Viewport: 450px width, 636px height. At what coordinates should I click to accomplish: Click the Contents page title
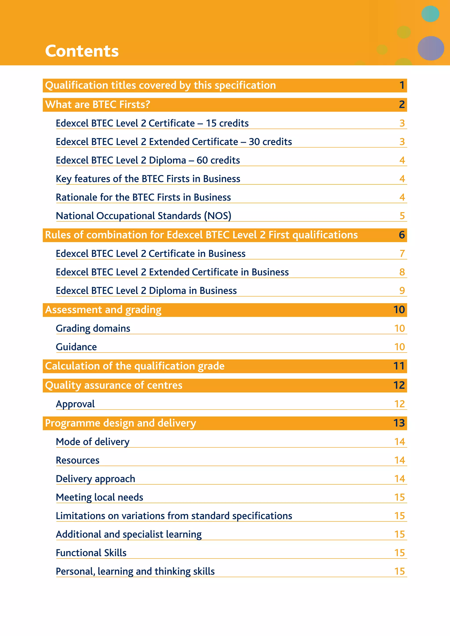pos(82,51)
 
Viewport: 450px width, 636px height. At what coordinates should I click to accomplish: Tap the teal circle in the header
pos(430,14)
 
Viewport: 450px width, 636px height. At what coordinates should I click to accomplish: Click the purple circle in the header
pos(431,48)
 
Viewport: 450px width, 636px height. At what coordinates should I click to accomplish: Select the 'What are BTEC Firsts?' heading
pos(98,105)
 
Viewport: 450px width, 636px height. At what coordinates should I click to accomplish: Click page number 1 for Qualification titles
pos(402,85)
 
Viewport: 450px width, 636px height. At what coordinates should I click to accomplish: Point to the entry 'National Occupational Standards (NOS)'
pos(143,216)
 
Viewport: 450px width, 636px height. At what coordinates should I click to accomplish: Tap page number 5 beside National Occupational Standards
pos(402,216)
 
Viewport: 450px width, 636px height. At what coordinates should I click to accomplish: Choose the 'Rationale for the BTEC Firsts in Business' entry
pos(143,197)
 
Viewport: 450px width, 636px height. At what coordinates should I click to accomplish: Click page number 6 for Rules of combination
pos(402,235)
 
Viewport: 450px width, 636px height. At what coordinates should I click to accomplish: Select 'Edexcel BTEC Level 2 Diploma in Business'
pos(146,291)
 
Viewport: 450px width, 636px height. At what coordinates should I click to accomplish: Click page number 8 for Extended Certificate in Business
pos(402,272)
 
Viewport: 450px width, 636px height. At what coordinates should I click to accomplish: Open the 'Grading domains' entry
pos(93,328)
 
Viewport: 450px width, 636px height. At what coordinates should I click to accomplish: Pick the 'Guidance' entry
pos(76,347)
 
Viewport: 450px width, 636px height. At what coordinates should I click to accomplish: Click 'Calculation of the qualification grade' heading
pos(135,366)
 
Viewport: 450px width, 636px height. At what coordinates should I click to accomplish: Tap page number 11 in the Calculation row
pos(399,366)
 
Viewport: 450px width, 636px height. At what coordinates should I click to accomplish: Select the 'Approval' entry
pos(75,404)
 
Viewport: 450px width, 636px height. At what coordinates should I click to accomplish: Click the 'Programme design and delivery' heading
pos(121,423)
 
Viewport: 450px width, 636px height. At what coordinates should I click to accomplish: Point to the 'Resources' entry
pos(78,460)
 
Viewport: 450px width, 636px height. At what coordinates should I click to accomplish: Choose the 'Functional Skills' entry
pos(91,553)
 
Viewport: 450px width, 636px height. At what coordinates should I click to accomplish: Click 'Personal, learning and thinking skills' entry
pos(135,571)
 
